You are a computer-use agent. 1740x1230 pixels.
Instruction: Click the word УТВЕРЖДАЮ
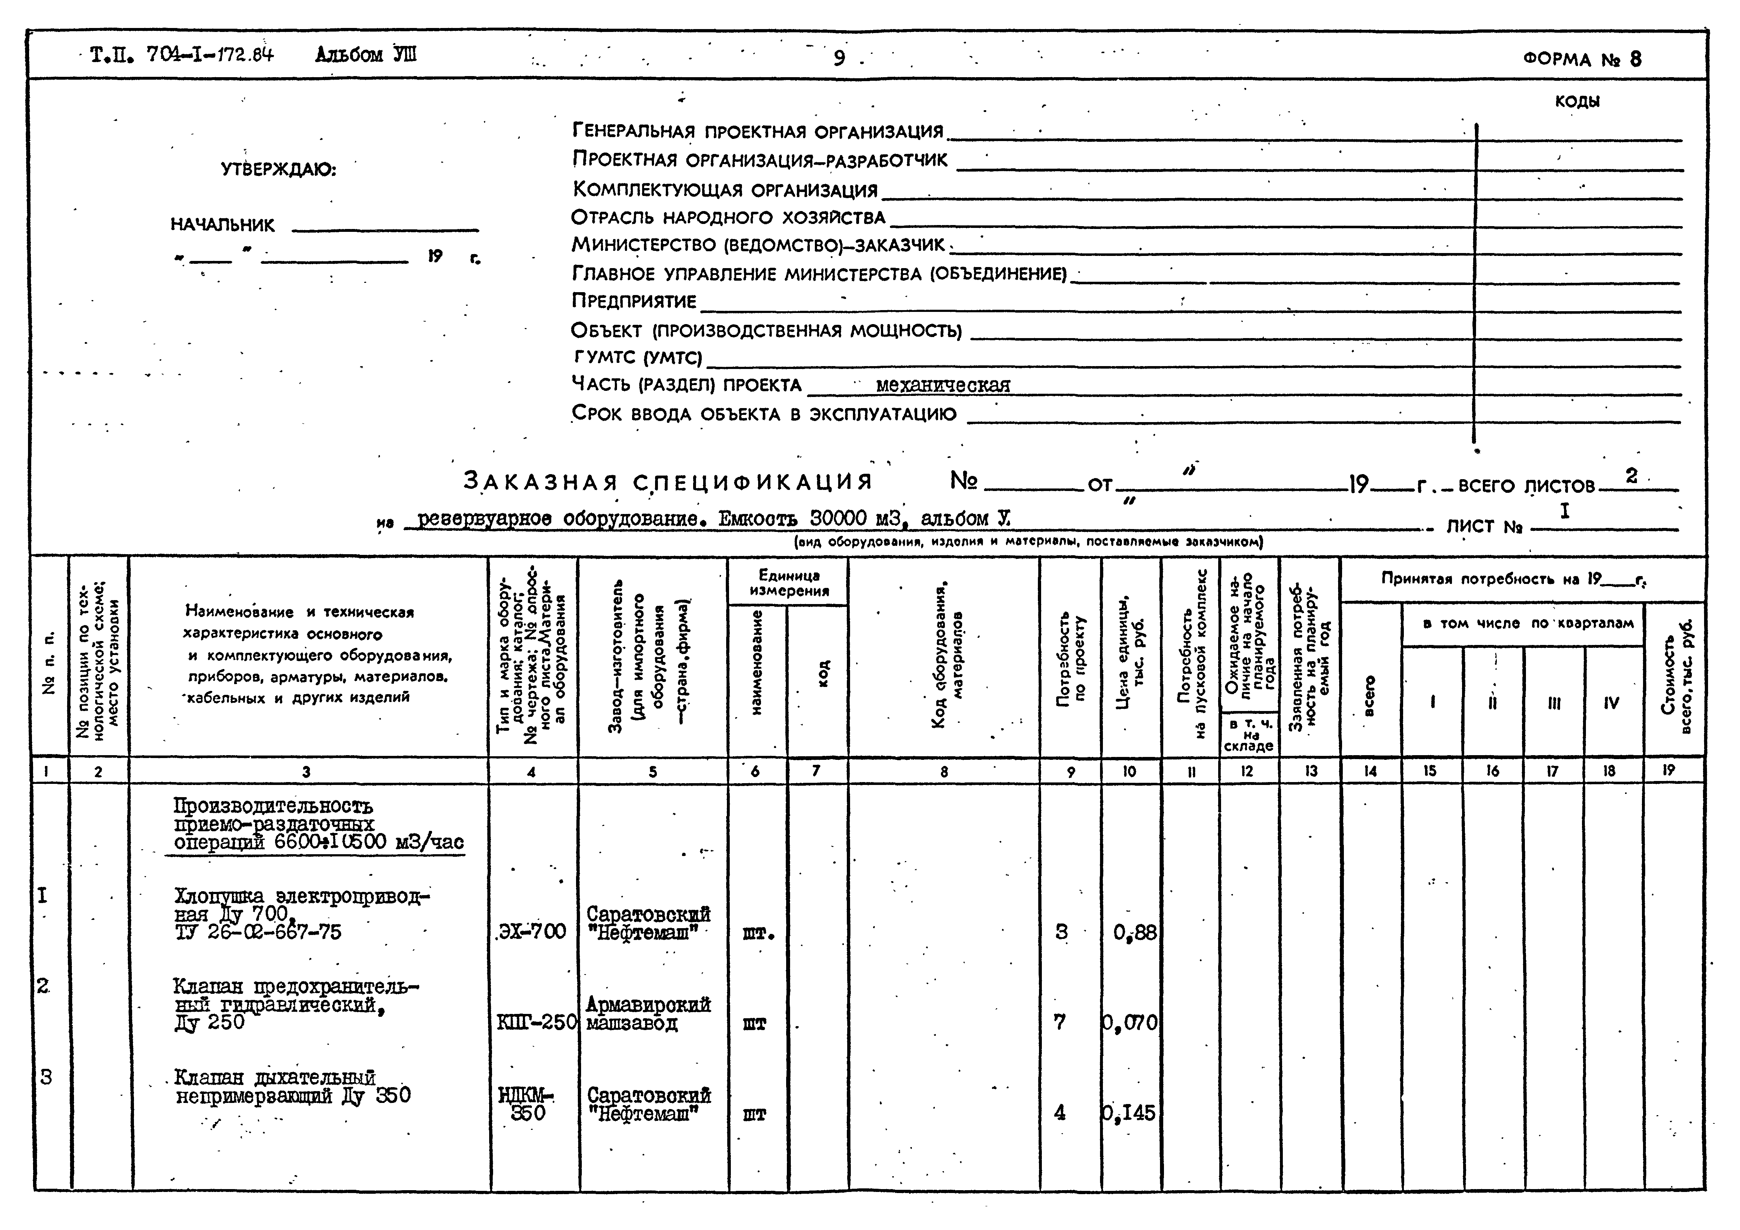279,170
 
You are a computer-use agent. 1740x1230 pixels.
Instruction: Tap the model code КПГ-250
537,1023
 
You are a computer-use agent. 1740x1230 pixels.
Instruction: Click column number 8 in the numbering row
943,772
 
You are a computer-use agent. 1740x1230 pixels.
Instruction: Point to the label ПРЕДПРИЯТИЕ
634,301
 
